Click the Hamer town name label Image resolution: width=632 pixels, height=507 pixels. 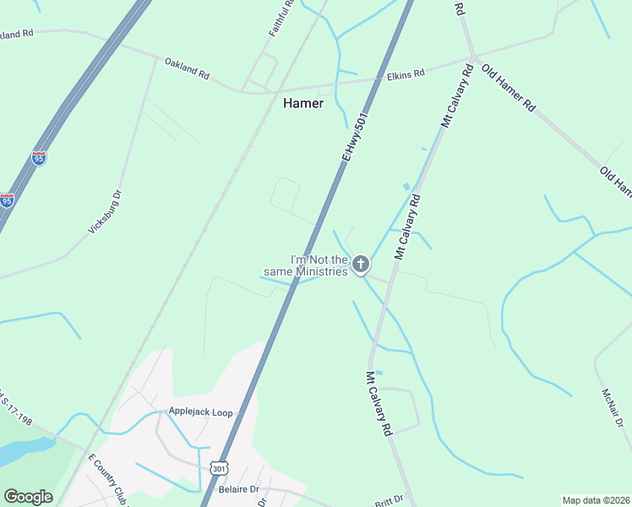302,102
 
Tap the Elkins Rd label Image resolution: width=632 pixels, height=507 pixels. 406,75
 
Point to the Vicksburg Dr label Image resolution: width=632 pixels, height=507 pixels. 106,211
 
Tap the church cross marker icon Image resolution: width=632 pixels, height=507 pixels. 361,265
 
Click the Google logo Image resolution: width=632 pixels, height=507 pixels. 28,497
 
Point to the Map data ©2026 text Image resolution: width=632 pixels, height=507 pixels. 595,500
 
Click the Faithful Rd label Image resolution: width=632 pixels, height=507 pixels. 282,19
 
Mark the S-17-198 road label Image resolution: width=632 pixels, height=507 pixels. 19,406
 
